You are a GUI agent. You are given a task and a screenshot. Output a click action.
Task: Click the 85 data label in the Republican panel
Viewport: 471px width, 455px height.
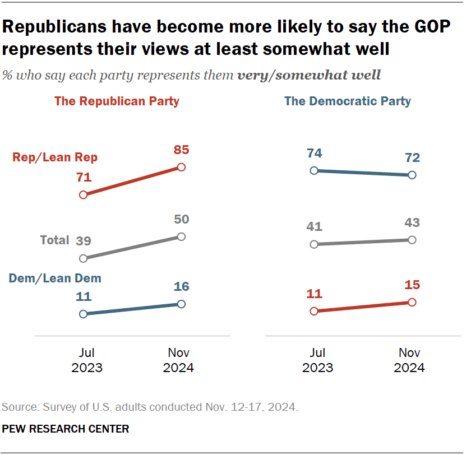[181, 150]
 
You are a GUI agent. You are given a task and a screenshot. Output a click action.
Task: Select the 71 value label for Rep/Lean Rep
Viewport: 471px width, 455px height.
[84, 178]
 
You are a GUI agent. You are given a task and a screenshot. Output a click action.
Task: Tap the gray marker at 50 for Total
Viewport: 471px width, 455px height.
[181, 236]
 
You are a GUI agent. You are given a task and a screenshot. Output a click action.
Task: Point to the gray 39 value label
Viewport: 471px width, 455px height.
[84, 242]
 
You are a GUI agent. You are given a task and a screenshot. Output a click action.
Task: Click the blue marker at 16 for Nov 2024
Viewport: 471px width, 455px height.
[181, 304]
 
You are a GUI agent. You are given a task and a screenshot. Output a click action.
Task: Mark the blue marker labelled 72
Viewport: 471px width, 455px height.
[412, 175]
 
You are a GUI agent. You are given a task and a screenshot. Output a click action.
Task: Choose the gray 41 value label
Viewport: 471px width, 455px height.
[314, 227]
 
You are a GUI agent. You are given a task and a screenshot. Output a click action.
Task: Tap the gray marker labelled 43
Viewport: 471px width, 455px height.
[412, 240]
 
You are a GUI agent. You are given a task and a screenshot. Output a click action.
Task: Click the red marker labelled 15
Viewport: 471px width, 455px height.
[412, 302]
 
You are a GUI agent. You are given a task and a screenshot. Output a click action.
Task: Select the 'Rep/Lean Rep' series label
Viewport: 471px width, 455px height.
[55, 157]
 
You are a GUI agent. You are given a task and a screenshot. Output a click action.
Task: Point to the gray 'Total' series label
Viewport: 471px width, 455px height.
[54, 240]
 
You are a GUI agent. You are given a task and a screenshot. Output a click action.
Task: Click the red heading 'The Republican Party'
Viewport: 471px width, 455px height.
[117, 101]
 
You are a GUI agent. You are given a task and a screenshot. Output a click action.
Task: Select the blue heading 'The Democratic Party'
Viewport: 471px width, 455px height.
[348, 101]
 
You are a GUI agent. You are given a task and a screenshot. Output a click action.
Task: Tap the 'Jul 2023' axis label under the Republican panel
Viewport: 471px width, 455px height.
[87, 360]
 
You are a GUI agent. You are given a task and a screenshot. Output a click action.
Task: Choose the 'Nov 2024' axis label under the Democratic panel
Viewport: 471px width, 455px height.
[409, 360]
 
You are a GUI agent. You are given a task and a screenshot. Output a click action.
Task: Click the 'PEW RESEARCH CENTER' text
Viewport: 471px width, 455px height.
[66, 429]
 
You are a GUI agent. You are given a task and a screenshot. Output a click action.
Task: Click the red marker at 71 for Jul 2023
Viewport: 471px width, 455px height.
[84, 195]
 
